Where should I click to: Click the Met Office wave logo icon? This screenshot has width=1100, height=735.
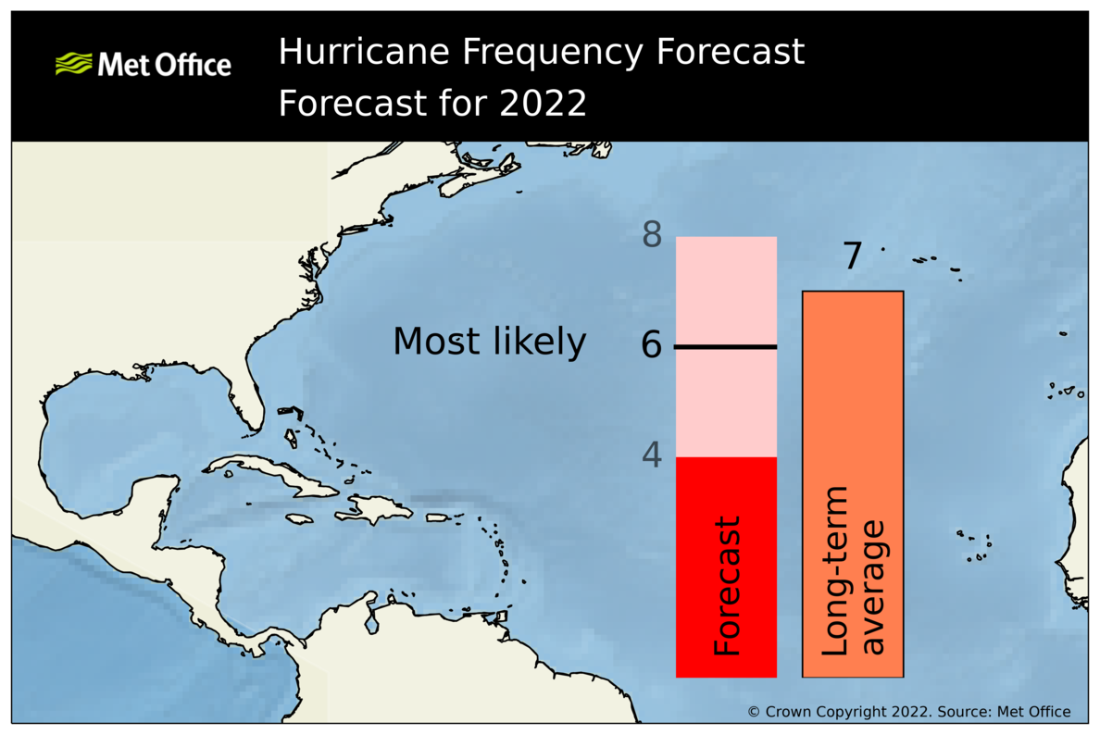[74, 64]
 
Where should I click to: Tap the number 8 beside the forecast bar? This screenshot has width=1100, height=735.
[652, 236]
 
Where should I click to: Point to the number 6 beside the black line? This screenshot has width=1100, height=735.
[652, 346]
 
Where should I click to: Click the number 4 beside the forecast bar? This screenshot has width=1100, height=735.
[652, 455]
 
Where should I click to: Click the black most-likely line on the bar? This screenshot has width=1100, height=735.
[726, 347]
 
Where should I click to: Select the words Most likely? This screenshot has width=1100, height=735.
[489, 343]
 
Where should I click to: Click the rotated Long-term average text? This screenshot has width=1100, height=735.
[853, 587]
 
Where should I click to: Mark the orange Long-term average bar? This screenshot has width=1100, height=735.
[852, 417]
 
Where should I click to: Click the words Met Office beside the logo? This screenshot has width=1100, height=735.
[164, 65]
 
